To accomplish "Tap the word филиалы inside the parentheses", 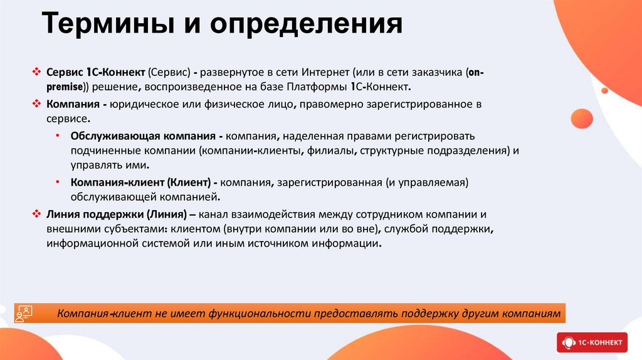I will (326, 151).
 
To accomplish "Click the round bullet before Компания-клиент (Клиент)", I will (58, 182).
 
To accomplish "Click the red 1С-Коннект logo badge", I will (591, 342).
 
